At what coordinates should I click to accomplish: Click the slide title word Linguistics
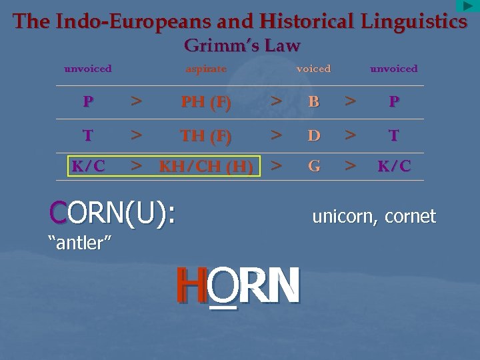pyautogui.click(x=413, y=21)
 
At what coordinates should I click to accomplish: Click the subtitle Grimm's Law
pyautogui.click(x=241, y=46)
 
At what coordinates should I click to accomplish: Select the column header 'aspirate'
pyautogui.click(x=206, y=69)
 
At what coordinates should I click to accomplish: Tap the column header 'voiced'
pyautogui.click(x=313, y=69)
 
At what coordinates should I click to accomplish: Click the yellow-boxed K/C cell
pyautogui.click(x=89, y=166)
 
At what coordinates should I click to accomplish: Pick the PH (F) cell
pyautogui.click(x=206, y=103)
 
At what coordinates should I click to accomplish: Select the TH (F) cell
pyautogui.click(x=206, y=135)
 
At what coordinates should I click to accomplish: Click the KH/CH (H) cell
pyautogui.click(x=206, y=167)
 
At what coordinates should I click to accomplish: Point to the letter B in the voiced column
pyautogui.click(x=313, y=103)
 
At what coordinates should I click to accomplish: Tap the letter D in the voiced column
pyautogui.click(x=313, y=135)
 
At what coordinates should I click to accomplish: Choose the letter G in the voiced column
pyautogui.click(x=313, y=166)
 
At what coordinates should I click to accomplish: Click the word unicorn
pyautogui.click(x=343, y=217)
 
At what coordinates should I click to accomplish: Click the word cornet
pyautogui.click(x=409, y=217)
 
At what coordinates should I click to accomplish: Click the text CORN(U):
pyautogui.click(x=112, y=213)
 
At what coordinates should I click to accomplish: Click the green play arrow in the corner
pyautogui.click(x=467, y=6)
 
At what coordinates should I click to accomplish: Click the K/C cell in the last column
pyautogui.click(x=394, y=166)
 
